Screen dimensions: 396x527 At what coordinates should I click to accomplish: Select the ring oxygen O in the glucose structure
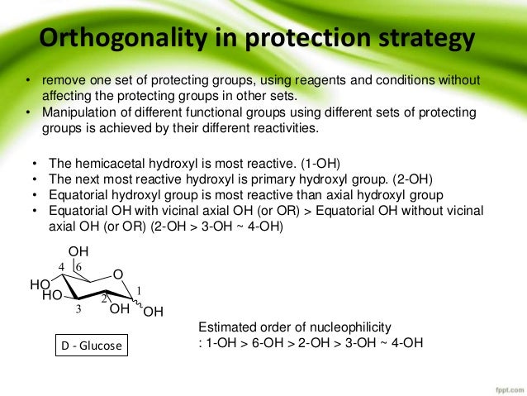point(117,274)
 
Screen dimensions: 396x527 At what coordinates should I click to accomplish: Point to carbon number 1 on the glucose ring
point(140,289)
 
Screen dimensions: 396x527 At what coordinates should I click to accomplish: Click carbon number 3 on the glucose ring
point(78,309)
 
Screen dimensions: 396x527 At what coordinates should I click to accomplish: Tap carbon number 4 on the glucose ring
point(62,266)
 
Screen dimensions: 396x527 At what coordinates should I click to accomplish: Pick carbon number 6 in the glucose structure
point(78,267)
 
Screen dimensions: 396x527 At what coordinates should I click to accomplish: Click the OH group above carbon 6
point(78,251)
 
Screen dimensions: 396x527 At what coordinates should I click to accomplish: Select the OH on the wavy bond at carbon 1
point(154,312)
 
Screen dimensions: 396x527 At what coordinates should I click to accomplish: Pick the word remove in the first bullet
point(61,80)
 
